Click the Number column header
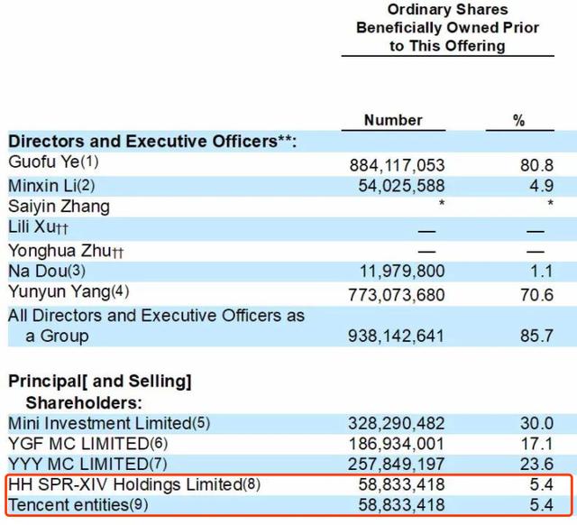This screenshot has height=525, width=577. click(393, 120)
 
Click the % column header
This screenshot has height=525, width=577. click(518, 120)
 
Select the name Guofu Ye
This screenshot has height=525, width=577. click(42, 163)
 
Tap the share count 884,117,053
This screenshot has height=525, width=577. click(397, 166)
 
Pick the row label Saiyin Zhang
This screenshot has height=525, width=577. click(59, 207)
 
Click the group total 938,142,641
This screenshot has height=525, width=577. click(397, 336)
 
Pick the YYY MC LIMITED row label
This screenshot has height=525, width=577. click(76, 465)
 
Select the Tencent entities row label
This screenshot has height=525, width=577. click(68, 505)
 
